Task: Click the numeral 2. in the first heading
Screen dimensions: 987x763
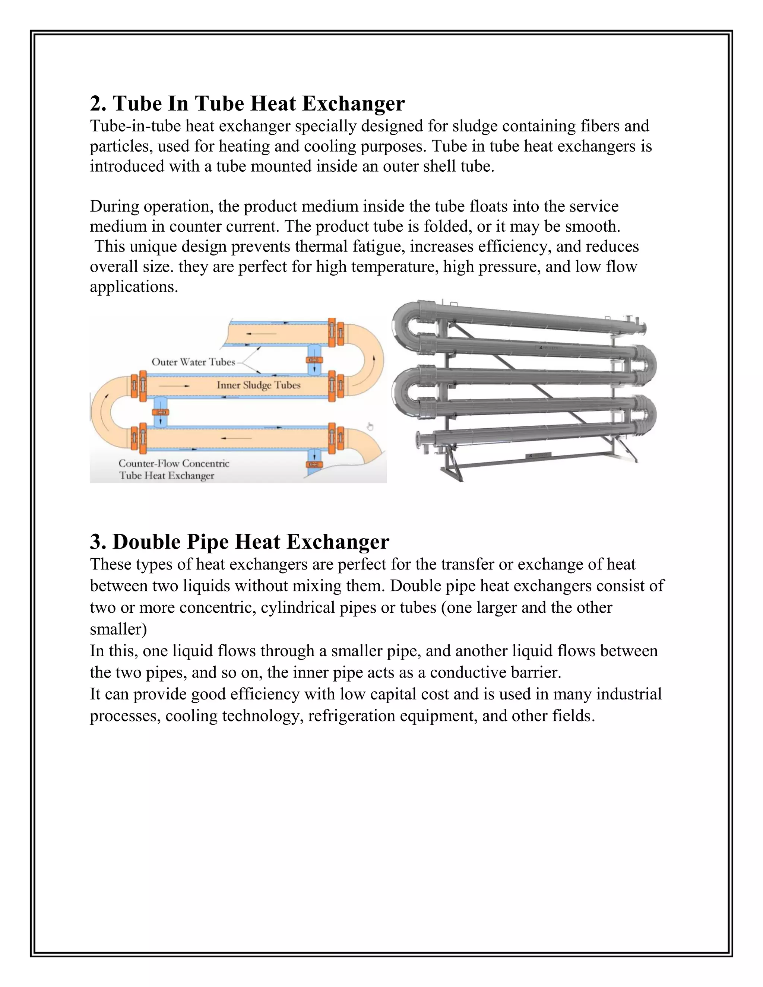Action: pyautogui.click(x=98, y=104)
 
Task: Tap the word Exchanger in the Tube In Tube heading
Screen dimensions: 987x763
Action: pyautogui.click(x=353, y=104)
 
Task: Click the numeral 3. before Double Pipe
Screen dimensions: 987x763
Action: pyautogui.click(x=98, y=542)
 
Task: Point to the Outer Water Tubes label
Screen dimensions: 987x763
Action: pyautogui.click(x=193, y=362)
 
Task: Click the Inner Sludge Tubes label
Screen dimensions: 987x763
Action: pyautogui.click(x=258, y=385)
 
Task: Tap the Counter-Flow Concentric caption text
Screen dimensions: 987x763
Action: pyautogui.click(x=174, y=463)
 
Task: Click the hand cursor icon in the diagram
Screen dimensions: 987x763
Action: pyautogui.click(x=370, y=426)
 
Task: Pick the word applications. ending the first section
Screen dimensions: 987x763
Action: pyautogui.click(x=134, y=287)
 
